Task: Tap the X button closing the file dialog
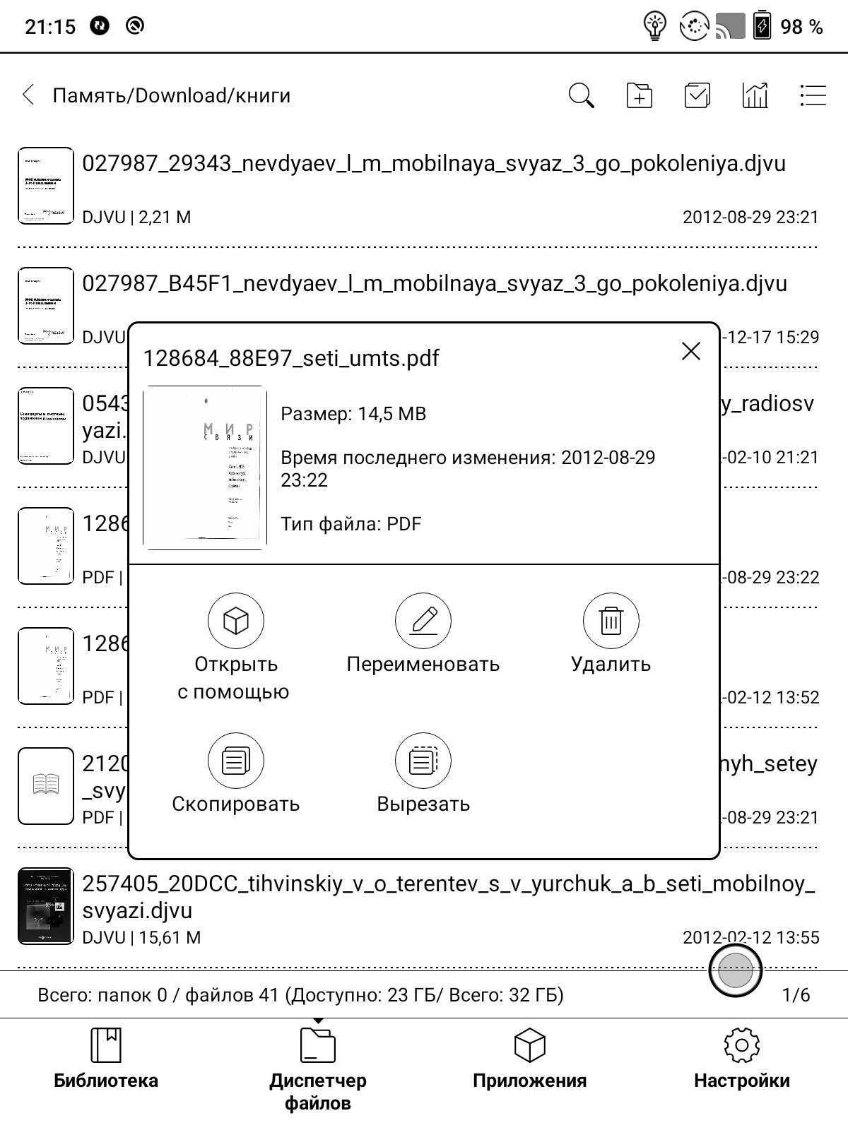(690, 351)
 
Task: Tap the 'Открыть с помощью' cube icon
(235, 621)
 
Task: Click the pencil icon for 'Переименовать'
(423, 621)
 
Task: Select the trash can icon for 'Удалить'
(611, 621)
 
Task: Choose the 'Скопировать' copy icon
(235, 761)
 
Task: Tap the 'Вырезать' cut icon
(423, 761)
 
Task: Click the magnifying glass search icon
(581, 95)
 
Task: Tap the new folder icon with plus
(639, 95)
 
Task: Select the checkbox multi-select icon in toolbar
(697, 95)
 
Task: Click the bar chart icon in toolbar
(755, 95)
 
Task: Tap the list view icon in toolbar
(813, 95)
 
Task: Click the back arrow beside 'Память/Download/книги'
(28, 95)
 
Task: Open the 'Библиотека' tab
(106, 1059)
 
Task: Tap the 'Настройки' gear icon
(741, 1045)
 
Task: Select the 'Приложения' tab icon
(529, 1045)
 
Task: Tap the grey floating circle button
(735, 970)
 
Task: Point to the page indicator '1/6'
(796, 995)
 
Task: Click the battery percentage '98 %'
(801, 27)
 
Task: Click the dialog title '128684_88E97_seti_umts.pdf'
(291, 358)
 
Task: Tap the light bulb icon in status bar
(655, 27)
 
